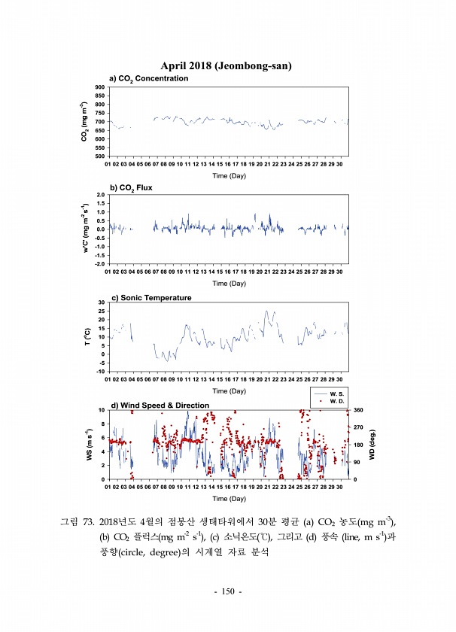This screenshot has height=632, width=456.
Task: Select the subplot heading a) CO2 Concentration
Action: point(149,78)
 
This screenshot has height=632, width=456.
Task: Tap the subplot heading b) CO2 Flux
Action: point(131,187)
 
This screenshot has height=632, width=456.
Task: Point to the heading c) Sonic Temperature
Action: point(151,297)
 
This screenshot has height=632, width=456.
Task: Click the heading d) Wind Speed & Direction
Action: point(160,406)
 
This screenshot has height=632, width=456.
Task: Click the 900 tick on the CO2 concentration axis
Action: point(100,88)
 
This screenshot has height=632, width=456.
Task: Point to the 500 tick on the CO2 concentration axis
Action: point(100,156)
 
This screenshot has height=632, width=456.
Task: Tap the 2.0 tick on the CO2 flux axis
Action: point(100,195)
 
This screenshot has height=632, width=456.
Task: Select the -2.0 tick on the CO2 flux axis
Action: point(99,264)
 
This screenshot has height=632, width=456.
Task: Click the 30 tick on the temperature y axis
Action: point(102,302)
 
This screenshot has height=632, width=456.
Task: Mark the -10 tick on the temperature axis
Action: point(100,372)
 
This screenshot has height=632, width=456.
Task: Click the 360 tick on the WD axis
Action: point(359,410)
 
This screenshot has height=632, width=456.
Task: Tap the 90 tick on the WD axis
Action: point(357,462)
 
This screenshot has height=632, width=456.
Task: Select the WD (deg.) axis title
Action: point(372,444)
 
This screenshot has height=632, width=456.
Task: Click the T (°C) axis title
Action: point(89,337)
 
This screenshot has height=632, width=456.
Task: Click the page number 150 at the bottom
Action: point(228,592)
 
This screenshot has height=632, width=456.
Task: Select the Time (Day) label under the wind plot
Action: point(228,498)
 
